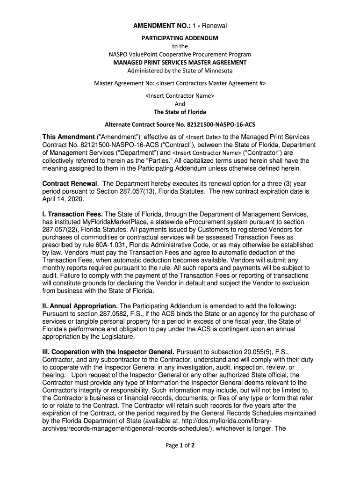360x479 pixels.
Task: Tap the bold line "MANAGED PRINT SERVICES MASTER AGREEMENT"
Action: point(180,62)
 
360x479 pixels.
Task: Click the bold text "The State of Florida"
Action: point(180,112)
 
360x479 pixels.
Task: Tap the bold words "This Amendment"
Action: point(68,137)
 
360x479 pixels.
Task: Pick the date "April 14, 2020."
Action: point(63,199)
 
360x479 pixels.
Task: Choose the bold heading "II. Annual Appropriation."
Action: point(80,305)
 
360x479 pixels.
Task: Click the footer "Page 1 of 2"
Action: point(180,445)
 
